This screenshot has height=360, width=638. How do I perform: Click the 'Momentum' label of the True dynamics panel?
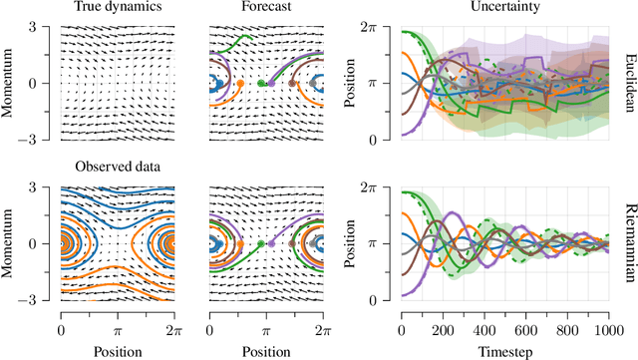[11, 83]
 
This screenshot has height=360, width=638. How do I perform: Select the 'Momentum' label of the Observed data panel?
[11, 242]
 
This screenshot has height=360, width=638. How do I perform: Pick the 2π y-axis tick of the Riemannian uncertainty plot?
[385, 187]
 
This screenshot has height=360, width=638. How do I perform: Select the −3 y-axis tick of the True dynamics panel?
[42, 139]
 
